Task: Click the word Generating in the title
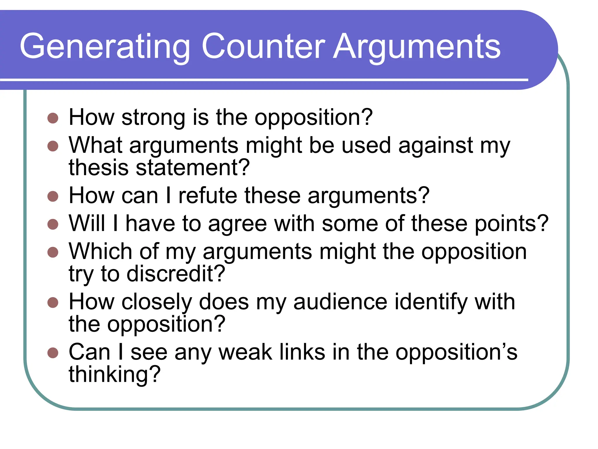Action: [x=105, y=47]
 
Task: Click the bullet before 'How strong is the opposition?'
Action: [x=53, y=118]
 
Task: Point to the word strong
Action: [x=153, y=118]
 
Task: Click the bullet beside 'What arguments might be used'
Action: [x=53, y=146]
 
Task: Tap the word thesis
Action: [x=98, y=168]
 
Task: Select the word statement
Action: [x=193, y=168]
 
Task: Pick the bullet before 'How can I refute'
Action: [x=53, y=196]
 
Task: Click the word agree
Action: [x=237, y=224]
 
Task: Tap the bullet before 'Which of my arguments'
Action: [x=53, y=252]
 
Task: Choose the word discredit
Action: [x=175, y=274]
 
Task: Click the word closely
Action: [x=157, y=302]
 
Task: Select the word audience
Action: [x=340, y=302]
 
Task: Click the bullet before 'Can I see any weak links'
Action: [x=53, y=353]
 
